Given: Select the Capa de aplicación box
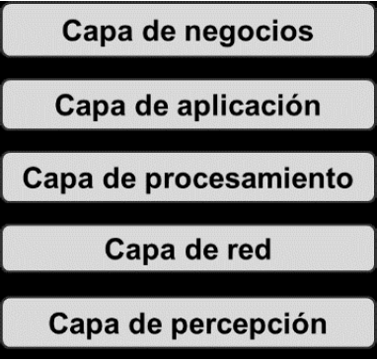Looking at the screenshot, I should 188,105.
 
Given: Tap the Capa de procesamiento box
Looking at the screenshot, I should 188,179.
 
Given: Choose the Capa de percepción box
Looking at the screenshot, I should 188,323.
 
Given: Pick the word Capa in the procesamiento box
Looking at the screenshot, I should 49,180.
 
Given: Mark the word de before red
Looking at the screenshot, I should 197,251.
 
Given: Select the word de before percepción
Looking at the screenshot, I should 145,324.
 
